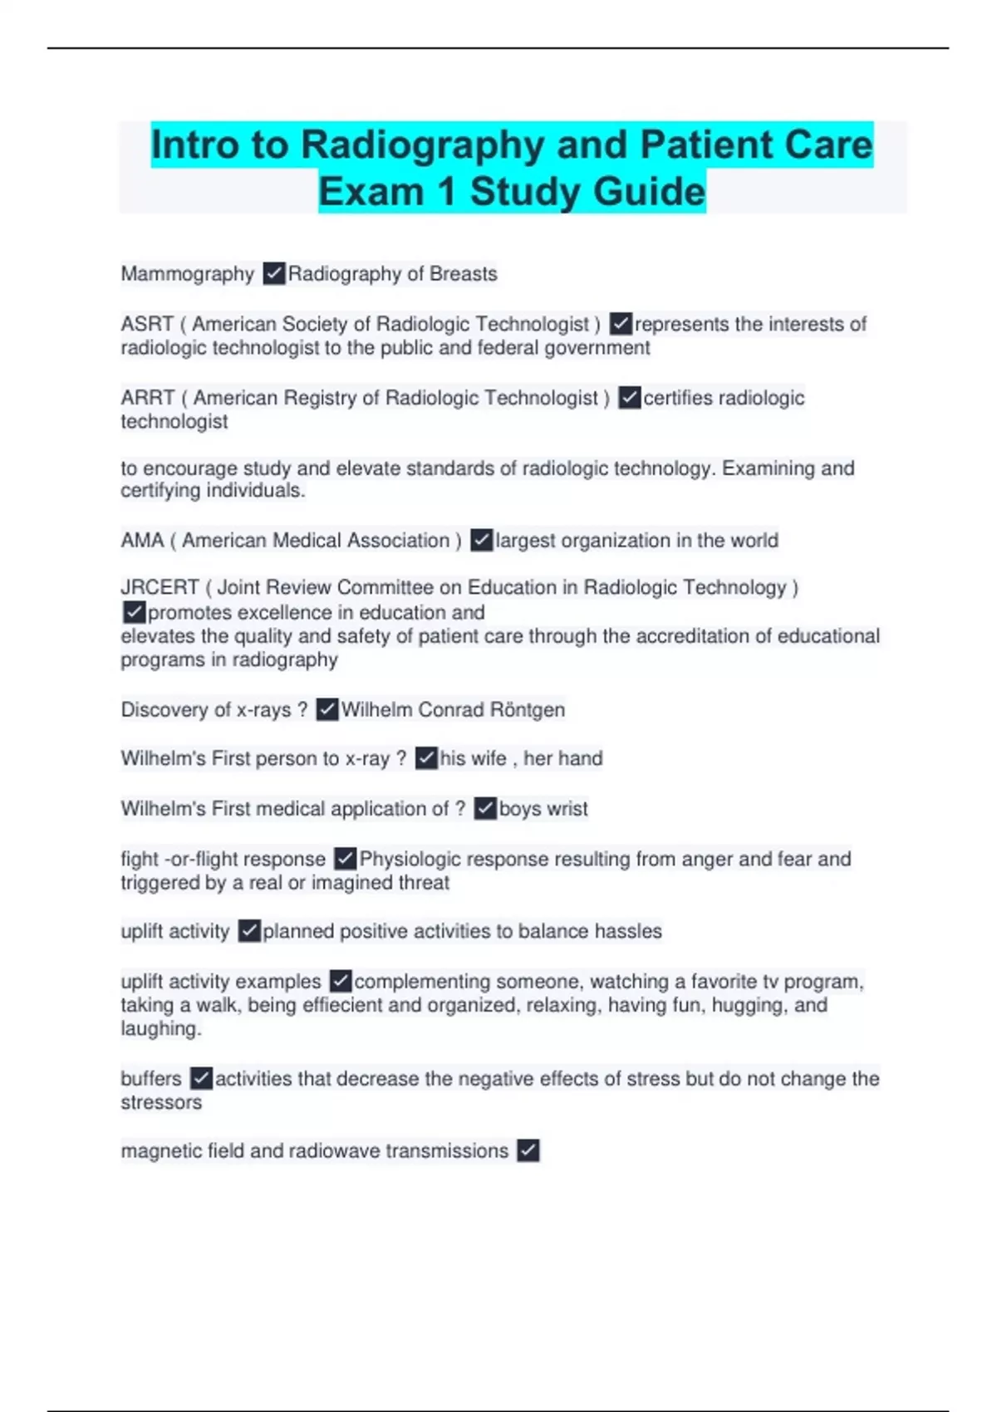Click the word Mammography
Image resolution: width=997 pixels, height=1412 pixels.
187,274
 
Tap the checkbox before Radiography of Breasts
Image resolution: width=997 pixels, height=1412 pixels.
274,273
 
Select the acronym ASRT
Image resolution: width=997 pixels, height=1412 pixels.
147,324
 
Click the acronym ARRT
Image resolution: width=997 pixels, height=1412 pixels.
148,398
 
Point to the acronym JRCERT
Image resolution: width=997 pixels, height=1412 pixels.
160,587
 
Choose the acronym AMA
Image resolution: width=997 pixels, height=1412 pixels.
142,541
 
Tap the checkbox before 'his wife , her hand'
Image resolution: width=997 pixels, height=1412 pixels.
426,757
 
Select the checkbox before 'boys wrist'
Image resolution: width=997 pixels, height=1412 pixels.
485,808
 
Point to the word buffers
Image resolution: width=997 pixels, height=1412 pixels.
151,1079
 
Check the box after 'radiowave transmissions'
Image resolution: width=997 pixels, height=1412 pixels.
528,1150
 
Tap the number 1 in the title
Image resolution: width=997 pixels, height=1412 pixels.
447,192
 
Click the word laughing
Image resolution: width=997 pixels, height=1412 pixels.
159,1029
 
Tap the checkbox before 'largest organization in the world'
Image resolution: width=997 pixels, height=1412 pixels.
482,541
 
